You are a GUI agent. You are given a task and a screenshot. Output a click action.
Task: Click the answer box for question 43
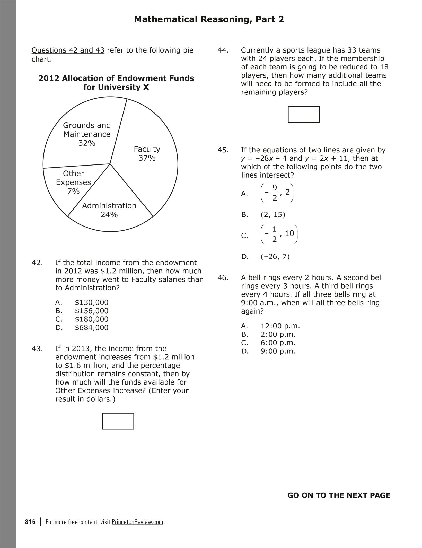(118, 421)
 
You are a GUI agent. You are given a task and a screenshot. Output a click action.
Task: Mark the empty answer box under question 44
(304, 114)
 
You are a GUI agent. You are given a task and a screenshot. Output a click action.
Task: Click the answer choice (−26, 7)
(275, 257)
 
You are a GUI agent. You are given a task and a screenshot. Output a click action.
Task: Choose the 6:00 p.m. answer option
(278, 343)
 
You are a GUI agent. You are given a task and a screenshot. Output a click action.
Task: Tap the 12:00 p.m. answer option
(280, 326)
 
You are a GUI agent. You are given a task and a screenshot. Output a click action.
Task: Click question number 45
(223, 150)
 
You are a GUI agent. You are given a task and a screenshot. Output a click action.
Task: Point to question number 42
(37, 263)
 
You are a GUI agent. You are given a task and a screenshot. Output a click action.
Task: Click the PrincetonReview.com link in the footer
(137, 522)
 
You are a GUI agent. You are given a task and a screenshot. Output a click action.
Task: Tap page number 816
(30, 522)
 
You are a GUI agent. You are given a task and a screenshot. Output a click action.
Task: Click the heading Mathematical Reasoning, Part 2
(209, 19)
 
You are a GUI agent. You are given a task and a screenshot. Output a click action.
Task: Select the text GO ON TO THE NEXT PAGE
(339, 495)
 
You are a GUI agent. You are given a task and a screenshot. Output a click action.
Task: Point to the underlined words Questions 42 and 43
(68, 50)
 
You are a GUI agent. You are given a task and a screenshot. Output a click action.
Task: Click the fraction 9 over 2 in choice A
(275, 193)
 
